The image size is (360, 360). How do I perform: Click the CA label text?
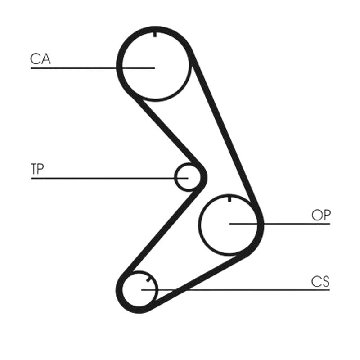(40, 59)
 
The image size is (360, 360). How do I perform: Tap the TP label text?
(37, 169)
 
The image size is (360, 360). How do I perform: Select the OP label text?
(321, 215)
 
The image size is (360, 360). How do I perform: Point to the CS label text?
(320, 282)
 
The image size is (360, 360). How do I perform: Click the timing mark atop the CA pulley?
(155, 35)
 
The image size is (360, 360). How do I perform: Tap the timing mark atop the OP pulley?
(229, 199)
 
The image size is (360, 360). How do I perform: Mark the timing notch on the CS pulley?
(148, 280)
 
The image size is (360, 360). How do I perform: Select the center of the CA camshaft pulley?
(155, 68)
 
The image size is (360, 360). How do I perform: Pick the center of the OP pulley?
(229, 224)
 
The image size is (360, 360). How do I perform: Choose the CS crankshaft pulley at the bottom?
(139, 289)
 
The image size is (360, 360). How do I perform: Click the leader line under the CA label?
(93, 68)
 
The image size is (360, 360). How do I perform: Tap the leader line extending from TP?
(110, 178)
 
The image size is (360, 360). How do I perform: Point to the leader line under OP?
(279, 224)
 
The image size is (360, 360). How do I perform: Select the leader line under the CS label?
(235, 290)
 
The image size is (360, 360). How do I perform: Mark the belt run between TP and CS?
(161, 231)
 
